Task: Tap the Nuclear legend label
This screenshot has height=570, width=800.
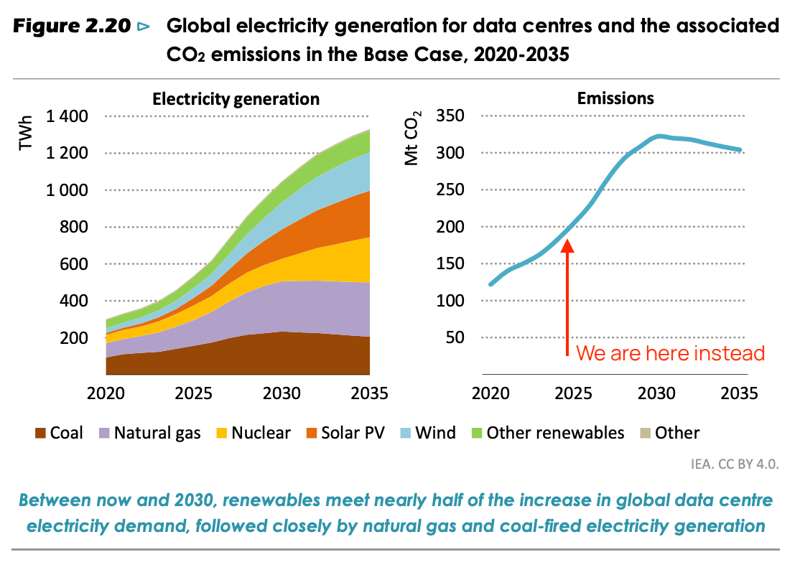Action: pyautogui.click(x=261, y=433)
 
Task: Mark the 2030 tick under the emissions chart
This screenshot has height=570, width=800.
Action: pyautogui.click(x=656, y=394)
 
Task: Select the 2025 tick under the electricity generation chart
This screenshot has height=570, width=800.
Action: pyautogui.click(x=193, y=394)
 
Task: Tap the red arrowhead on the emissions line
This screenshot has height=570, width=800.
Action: pyautogui.click(x=567, y=246)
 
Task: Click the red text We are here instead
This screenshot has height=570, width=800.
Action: pyautogui.click(x=671, y=353)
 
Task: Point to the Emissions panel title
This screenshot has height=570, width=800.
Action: pyautogui.click(x=615, y=98)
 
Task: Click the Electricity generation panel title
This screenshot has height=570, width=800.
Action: pyautogui.click(x=236, y=98)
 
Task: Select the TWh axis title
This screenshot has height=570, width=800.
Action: pyautogui.click(x=26, y=134)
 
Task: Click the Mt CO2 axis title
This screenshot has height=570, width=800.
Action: pyautogui.click(x=411, y=139)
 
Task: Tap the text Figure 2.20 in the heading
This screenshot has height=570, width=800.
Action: pyautogui.click(x=72, y=27)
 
